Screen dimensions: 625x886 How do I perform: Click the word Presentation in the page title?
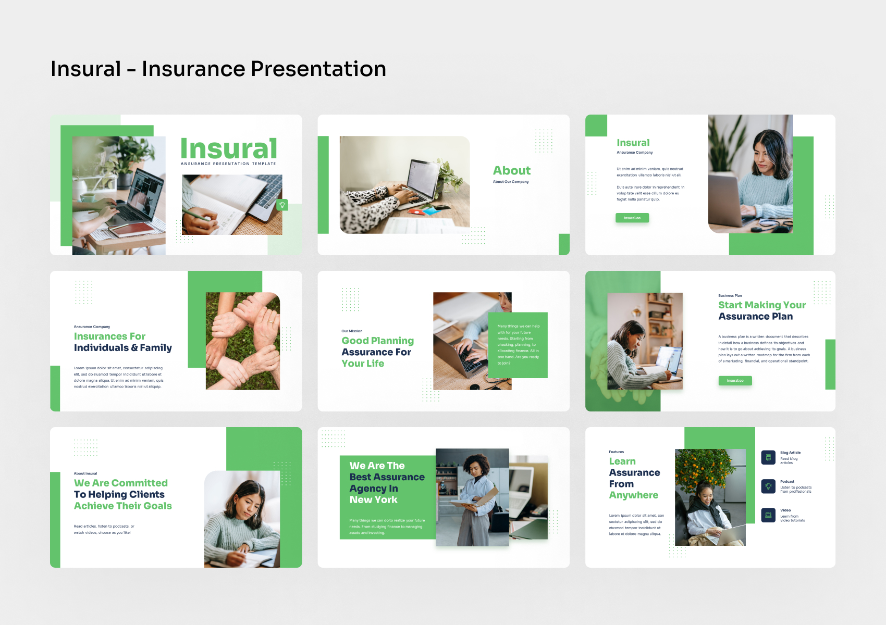coord(318,69)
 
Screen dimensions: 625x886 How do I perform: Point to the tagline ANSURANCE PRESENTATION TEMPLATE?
coord(228,164)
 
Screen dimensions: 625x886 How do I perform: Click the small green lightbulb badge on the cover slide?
coord(282,205)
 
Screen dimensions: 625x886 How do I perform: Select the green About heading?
coord(512,171)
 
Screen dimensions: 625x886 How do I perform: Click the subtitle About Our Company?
coord(511,182)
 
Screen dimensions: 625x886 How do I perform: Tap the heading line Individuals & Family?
coord(123,348)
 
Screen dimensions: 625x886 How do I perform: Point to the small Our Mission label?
coord(352,331)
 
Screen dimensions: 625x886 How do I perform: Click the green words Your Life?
coord(363,364)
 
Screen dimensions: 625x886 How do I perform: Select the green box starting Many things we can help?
coord(518,345)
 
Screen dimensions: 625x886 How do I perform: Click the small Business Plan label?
coord(730,295)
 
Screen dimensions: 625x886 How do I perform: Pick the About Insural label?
coord(85,473)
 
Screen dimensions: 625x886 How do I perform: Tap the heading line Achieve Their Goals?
coord(123,506)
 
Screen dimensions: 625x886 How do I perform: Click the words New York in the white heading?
coord(373,500)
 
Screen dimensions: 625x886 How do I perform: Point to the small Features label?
coord(616,452)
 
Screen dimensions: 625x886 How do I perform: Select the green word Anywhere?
coord(634,495)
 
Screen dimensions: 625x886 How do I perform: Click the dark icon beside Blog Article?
coord(768,457)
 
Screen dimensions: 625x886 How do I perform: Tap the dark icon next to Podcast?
coord(768,486)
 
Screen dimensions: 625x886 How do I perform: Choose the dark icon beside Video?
coord(768,515)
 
